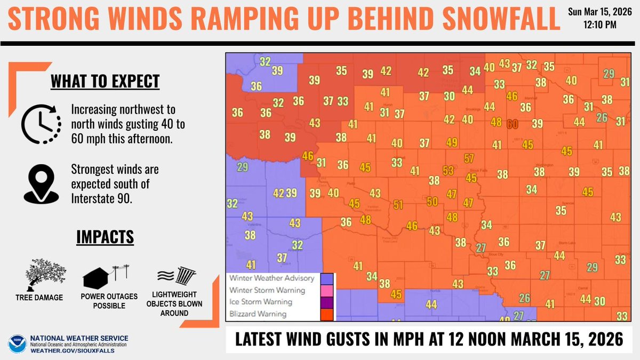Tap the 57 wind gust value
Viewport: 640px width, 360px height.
[x=469, y=158]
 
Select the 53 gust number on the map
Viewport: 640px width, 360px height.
[x=449, y=171]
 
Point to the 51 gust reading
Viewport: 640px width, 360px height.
[x=398, y=205]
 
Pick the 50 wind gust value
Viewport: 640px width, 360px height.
[x=433, y=201]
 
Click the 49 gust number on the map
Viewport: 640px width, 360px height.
[x=452, y=142]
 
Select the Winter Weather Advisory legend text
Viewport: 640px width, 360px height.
[x=271, y=278]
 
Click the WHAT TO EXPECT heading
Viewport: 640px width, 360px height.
[x=105, y=82]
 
